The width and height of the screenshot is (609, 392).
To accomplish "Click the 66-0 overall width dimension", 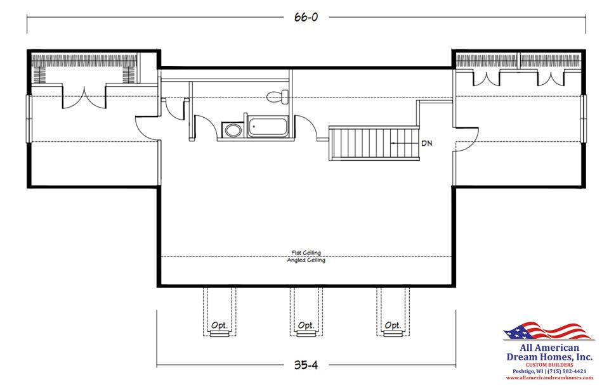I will click(x=306, y=17).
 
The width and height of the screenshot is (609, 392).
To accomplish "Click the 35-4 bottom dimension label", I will click(x=306, y=365).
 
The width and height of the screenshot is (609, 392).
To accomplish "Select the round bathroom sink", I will click(x=232, y=130).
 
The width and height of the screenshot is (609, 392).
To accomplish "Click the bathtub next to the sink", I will click(x=266, y=128).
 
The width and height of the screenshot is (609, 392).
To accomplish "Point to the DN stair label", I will click(x=427, y=143).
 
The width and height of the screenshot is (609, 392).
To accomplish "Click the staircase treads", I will click(x=361, y=142).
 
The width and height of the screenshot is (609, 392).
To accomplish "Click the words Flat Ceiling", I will click(x=306, y=253).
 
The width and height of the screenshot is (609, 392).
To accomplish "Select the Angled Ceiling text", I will click(x=306, y=260).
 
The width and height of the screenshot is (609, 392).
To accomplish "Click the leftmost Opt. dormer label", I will click(x=219, y=326).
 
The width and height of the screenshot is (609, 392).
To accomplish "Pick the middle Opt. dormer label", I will click(x=306, y=326).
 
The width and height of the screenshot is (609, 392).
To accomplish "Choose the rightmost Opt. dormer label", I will click(x=393, y=326).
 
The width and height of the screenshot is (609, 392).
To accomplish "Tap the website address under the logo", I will click(x=549, y=377).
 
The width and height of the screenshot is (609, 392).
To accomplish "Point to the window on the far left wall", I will click(x=28, y=118).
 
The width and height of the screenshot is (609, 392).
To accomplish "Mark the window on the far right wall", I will click(x=584, y=118).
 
